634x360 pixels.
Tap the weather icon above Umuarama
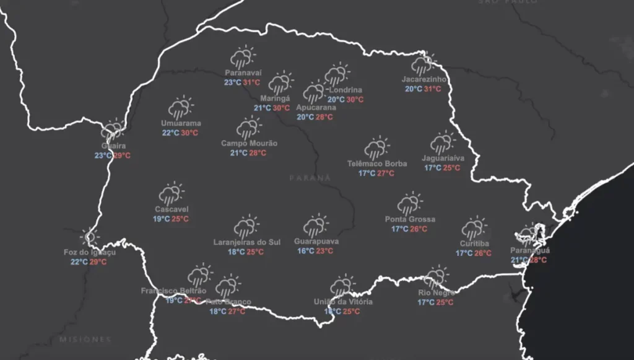[x=181, y=108]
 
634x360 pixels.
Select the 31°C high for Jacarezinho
[x=432, y=89]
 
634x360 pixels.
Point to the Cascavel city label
[x=172, y=209]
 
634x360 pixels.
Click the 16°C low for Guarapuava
[x=306, y=251]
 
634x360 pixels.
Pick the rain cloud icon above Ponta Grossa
[x=410, y=204]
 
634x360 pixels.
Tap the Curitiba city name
[x=474, y=244]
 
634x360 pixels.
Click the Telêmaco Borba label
[x=376, y=164]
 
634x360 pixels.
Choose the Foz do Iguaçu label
[x=90, y=252]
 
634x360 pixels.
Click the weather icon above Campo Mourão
[x=249, y=129]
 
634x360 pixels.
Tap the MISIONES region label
[x=85, y=340]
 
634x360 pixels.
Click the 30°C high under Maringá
[x=282, y=108]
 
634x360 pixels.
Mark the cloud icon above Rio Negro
[x=436, y=278]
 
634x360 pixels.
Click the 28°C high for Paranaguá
[x=538, y=260]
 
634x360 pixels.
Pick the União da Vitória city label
[x=343, y=302]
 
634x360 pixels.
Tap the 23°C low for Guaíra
[x=103, y=156]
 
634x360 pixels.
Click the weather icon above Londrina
[x=336, y=75]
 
